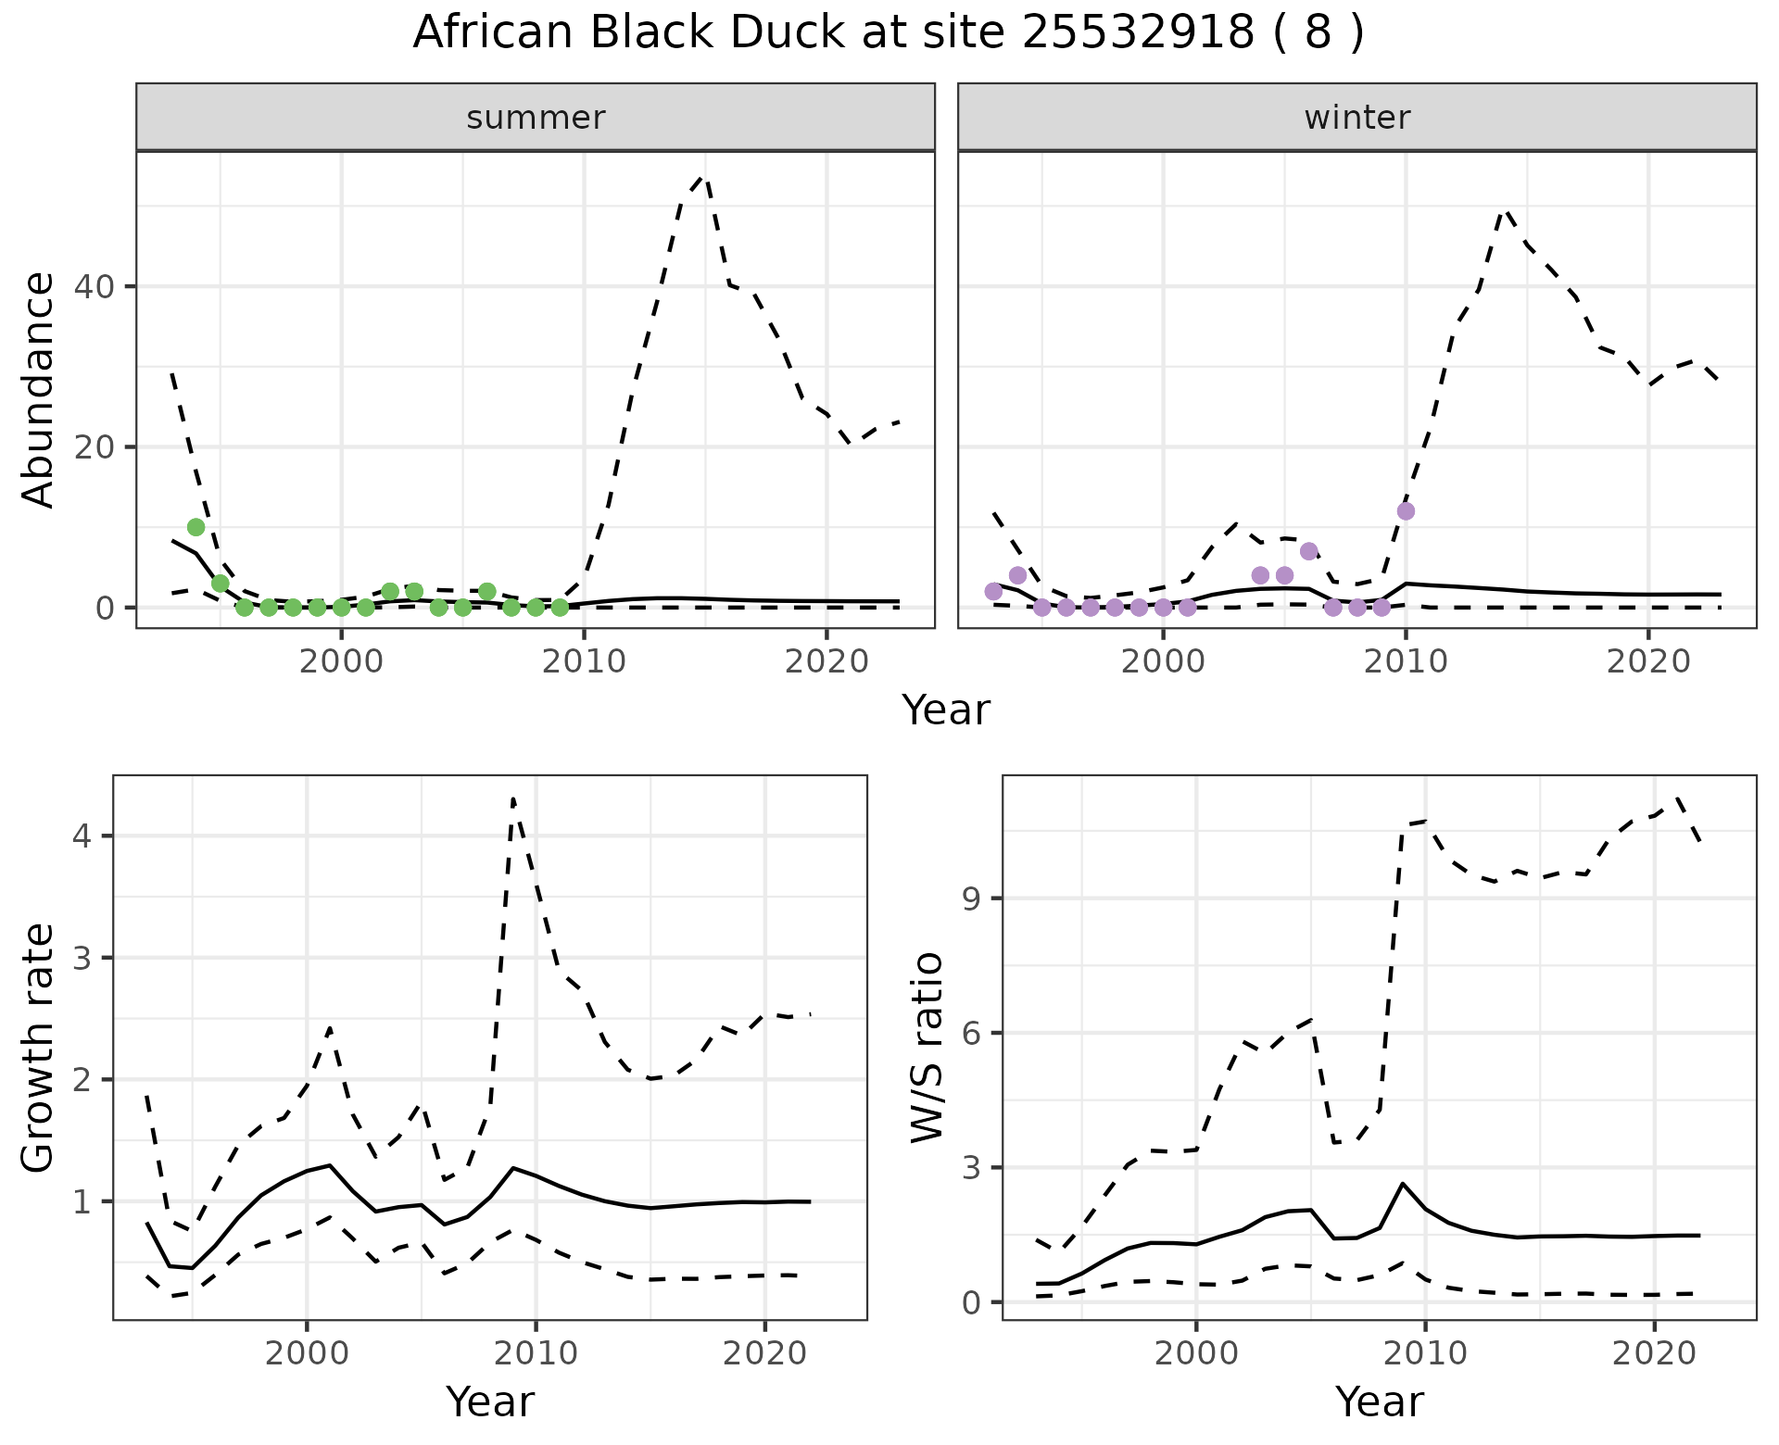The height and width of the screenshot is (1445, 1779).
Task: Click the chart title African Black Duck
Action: click(x=888, y=33)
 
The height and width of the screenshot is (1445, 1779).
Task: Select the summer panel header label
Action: click(x=536, y=118)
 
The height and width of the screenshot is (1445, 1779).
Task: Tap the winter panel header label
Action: click(x=1356, y=118)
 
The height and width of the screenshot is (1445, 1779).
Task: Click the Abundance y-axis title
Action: click(x=39, y=389)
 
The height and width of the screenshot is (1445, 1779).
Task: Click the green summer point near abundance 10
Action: click(x=196, y=527)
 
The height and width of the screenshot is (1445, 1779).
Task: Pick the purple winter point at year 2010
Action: click(x=1406, y=511)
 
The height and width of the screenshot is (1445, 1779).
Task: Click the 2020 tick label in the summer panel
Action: click(x=826, y=662)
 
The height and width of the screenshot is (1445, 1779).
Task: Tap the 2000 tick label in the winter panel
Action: click(x=1163, y=662)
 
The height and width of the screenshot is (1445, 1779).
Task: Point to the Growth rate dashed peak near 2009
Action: click(x=513, y=798)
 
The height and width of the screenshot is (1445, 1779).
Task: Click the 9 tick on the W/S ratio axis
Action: click(x=973, y=898)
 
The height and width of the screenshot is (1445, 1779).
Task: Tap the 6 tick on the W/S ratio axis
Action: click(x=973, y=1033)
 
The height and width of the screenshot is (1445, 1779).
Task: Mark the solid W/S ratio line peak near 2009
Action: click(x=1403, y=1184)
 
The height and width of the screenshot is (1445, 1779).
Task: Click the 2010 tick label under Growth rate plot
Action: click(x=536, y=1354)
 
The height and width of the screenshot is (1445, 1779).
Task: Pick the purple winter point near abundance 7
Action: click(x=1308, y=551)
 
